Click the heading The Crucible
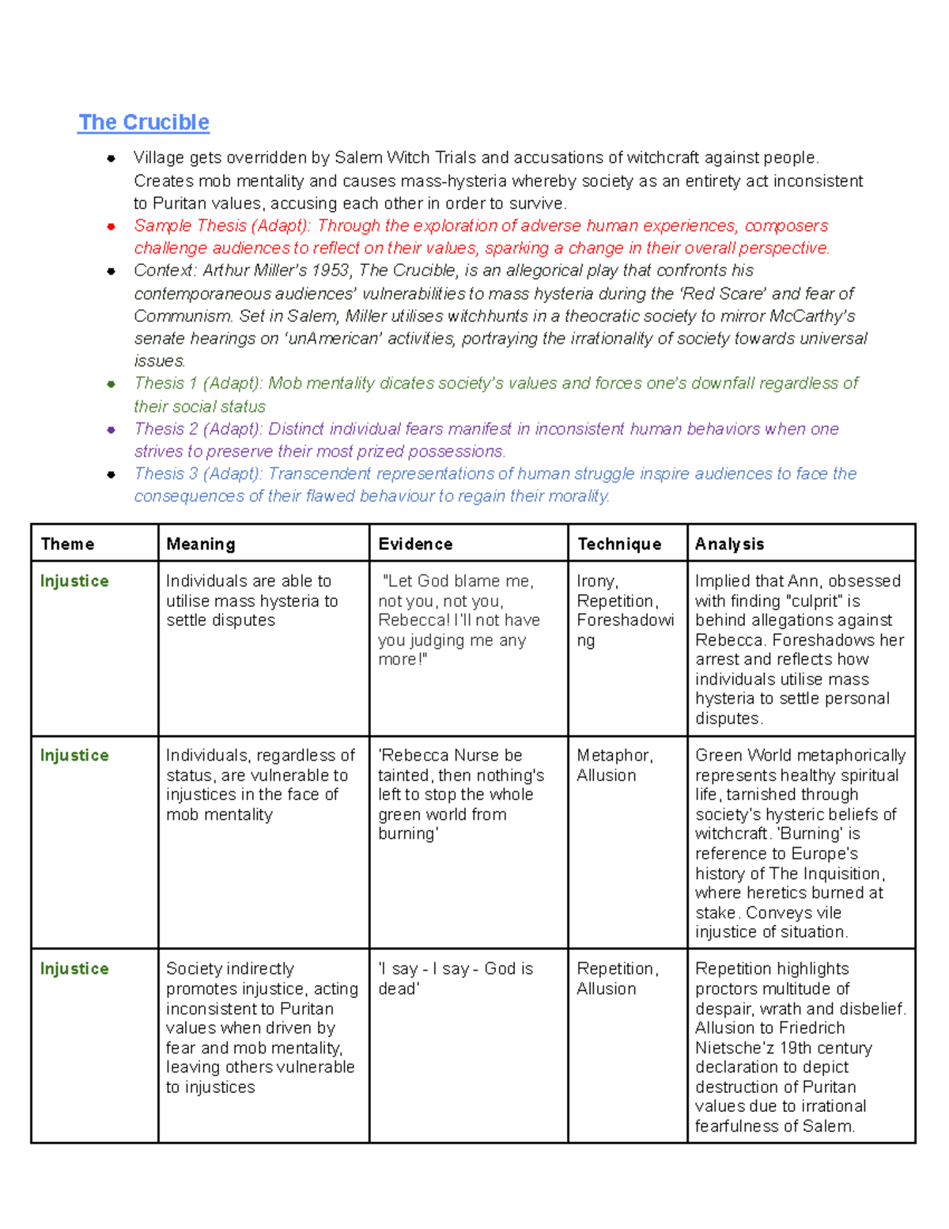[144, 123]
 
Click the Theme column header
[67, 544]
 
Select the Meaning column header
[201, 544]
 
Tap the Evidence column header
[415, 544]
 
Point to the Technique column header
[619, 544]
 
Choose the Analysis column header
[729, 544]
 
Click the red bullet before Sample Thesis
[112, 226]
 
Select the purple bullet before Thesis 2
[112, 430]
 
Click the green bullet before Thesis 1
[112, 385]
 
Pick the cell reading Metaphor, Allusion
[614, 765]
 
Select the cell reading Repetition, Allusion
[617, 979]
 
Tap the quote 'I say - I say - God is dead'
[455, 979]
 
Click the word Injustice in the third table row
[74, 969]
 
